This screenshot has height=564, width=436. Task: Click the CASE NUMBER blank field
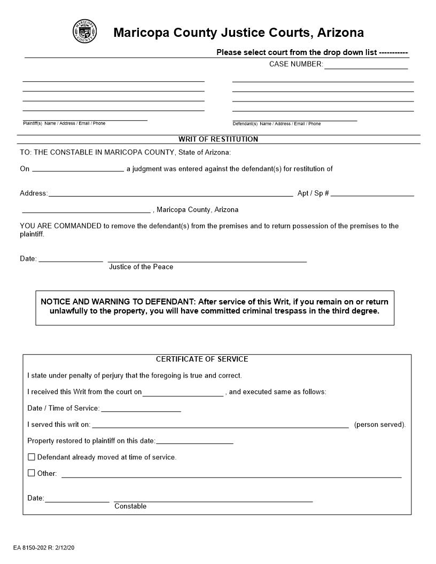(365, 65)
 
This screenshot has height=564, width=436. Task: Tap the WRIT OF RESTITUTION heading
(218, 139)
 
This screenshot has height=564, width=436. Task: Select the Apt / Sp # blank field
(372, 193)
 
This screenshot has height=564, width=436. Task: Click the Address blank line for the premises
(170, 193)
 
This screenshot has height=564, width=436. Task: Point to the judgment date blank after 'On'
(78, 168)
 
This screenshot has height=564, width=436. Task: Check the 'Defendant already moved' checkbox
(32, 457)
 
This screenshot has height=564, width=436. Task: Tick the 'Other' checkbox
(32, 473)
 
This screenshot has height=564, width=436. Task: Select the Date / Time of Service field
(141, 408)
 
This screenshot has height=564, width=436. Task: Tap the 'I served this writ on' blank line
(220, 425)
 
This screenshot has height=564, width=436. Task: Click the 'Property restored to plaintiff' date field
(194, 441)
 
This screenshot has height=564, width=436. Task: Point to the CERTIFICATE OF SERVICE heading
(202, 359)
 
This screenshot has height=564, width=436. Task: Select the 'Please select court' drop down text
(312, 52)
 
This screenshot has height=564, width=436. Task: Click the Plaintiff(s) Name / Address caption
(64, 123)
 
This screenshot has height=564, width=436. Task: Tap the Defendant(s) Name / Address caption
(277, 124)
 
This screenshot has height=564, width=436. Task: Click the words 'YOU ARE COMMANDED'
(60, 226)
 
